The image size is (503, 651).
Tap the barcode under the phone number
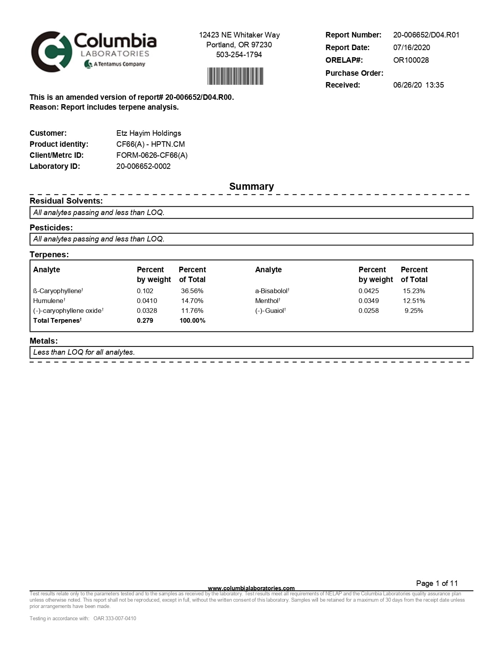(235, 76)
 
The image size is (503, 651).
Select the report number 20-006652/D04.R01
(426, 35)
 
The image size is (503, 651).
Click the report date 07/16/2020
(411, 48)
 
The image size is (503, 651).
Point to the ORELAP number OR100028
(411, 60)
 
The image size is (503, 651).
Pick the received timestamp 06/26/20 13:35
(418, 85)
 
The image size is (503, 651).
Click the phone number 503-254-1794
(239, 55)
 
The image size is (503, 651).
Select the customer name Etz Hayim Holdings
(149, 133)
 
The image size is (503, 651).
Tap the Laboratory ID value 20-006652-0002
(143, 166)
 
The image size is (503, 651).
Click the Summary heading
(251, 187)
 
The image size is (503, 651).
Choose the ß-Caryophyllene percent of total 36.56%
(192, 291)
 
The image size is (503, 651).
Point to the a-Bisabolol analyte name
(272, 291)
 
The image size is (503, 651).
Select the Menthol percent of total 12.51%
(414, 301)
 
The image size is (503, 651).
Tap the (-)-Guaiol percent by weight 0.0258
(368, 311)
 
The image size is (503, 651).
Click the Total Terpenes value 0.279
(145, 321)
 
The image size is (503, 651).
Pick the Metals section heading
(44, 341)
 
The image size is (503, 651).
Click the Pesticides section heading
(51, 228)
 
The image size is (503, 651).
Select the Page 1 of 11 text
(437, 584)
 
